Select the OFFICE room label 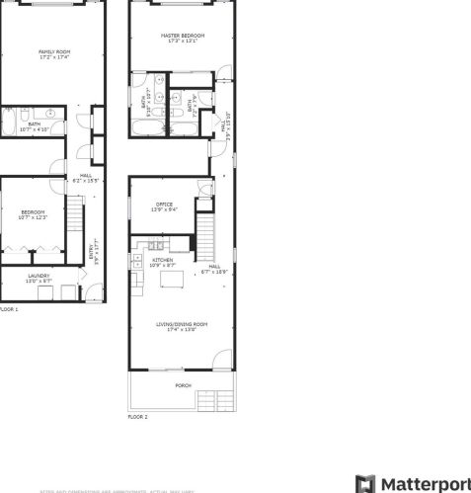164,205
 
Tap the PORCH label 183,385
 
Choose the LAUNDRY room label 39,276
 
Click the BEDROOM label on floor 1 34,211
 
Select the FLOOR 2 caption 137,417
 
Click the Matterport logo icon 365,483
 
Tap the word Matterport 426,483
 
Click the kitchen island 173,279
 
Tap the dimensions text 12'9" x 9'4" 164,209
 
